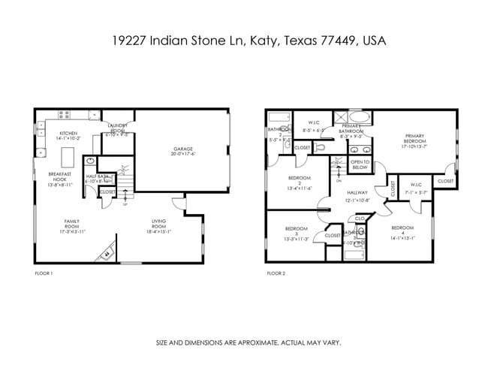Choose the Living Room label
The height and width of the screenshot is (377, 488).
pyautogui.click(x=158, y=223)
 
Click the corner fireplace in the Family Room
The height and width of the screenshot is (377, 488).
pyautogui.click(x=106, y=254)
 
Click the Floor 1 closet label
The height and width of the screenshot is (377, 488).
pyautogui.click(x=107, y=192)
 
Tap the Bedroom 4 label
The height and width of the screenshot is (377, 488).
pyautogui.click(x=402, y=230)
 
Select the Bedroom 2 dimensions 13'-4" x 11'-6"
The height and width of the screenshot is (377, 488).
pyautogui.click(x=299, y=188)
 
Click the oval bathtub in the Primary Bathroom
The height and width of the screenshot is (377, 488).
pyautogui.click(x=360, y=119)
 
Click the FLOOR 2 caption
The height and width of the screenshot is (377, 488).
pyautogui.click(x=276, y=273)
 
